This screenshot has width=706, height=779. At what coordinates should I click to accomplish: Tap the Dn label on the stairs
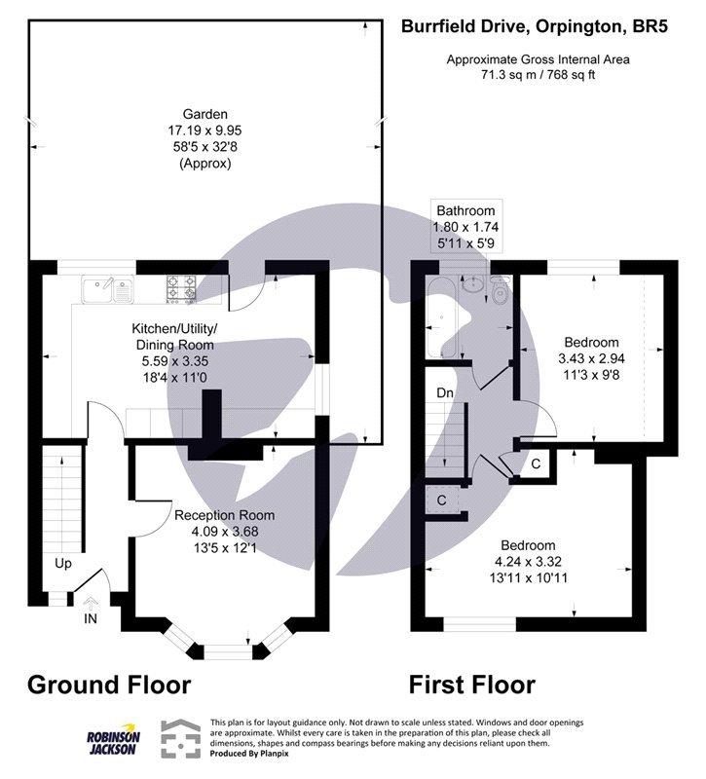click(x=443, y=392)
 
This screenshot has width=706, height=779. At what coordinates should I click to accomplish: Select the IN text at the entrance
click(x=91, y=618)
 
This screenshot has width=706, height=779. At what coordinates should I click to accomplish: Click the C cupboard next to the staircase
click(x=442, y=500)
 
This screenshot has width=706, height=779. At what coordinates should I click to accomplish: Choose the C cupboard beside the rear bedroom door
click(x=536, y=464)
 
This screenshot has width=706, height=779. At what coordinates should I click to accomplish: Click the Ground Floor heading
click(x=108, y=684)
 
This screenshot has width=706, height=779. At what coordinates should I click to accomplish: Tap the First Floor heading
click(x=471, y=684)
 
